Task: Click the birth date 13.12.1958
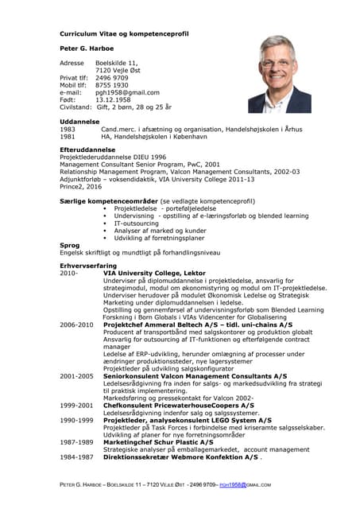tap(112, 99)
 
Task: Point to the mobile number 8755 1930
tap(112, 84)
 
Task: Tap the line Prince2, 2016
tap(80, 186)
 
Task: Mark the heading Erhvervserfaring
tap(88, 265)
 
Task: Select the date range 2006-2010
tap(76, 324)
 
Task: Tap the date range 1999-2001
tap(76, 405)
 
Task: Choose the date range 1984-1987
tap(76, 457)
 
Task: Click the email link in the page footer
tap(240, 484)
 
